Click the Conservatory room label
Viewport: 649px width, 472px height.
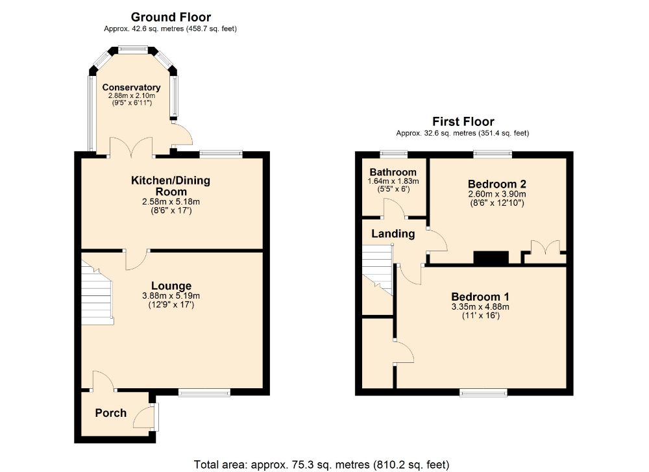[131, 88]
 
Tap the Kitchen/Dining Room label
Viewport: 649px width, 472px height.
[171, 186]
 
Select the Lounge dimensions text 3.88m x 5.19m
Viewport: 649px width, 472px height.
[171, 296]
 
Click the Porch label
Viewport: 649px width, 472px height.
[111, 413]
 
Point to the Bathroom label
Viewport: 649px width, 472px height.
[393, 172]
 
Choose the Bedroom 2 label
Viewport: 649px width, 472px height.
[496, 184]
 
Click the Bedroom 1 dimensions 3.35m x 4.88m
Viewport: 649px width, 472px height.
[480, 307]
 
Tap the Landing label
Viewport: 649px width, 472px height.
[393, 234]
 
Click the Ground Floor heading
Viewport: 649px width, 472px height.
[171, 17]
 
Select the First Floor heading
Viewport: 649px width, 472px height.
[463, 121]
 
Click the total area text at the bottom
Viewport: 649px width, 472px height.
[322, 465]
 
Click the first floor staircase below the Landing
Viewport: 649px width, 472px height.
[378, 269]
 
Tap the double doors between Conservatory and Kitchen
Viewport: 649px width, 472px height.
[131, 147]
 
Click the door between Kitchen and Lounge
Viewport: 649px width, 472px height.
[136, 260]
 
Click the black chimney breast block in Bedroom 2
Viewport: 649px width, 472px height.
[491, 258]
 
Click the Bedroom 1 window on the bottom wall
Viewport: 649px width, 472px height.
[484, 392]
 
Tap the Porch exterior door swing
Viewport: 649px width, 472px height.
[143, 417]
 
